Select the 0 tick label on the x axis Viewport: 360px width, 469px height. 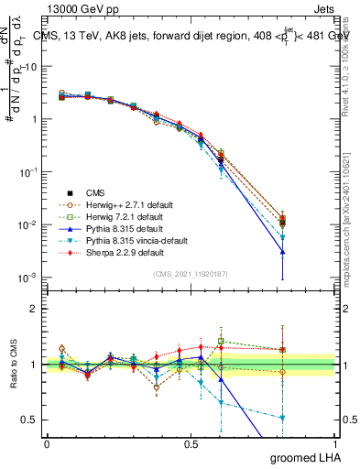click(x=47, y=443)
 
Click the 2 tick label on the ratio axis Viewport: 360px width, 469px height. click(x=35, y=309)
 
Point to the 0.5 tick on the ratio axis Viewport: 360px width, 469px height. click(x=29, y=420)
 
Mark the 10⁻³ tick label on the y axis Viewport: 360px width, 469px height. click(x=27, y=278)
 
